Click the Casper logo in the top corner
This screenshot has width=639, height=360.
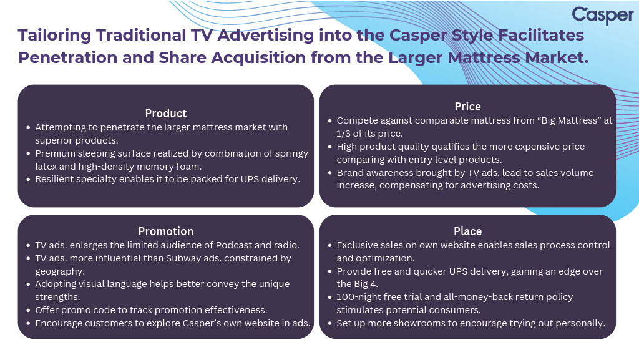[x=603, y=16]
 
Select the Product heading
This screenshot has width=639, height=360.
[x=166, y=113]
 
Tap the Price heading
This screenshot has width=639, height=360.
[x=467, y=107]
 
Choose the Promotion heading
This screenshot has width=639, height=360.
[x=166, y=231]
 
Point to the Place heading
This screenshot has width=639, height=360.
[x=467, y=231]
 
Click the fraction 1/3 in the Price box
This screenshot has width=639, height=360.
[x=343, y=134]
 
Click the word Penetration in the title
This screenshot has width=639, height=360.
[x=67, y=58]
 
